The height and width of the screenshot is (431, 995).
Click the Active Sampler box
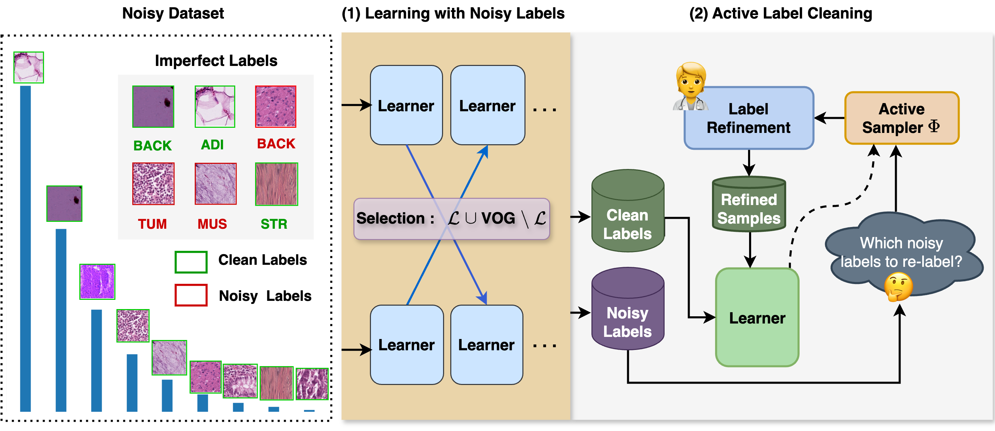point(902,118)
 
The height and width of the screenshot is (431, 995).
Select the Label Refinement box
point(748,118)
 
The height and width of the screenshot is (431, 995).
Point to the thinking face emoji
point(898,286)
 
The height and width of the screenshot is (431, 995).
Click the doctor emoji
point(691,87)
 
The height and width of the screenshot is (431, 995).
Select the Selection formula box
point(452,218)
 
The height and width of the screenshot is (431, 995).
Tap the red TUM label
point(152,224)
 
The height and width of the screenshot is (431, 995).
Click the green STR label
point(274,224)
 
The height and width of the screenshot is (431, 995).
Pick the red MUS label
point(212,224)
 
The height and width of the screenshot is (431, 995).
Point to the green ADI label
point(212,145)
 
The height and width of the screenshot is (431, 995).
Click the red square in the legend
point(191,295)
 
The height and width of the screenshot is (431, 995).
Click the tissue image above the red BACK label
point(276,106)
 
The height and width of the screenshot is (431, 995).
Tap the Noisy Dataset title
point(173,13)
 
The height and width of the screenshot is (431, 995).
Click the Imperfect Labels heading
point(216,61)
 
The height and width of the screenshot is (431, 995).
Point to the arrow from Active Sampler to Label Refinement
point(830,118)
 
